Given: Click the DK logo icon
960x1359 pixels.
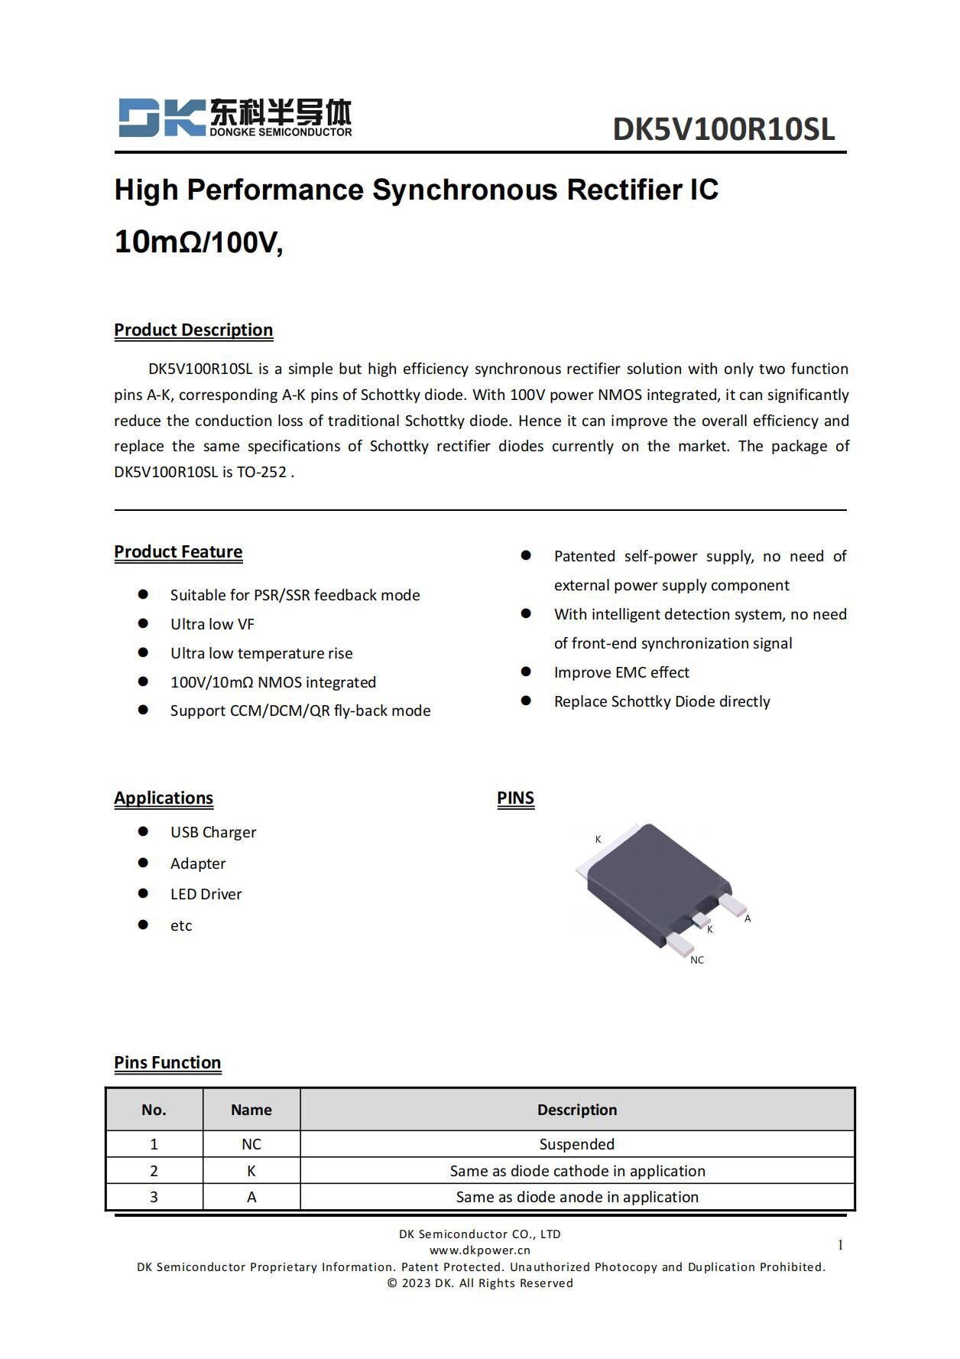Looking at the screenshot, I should (161, 118).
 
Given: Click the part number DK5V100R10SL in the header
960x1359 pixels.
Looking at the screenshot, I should (723, 129).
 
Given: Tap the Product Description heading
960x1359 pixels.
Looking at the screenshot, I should (193, 330).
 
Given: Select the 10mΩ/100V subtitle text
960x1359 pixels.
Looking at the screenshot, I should (199, 242).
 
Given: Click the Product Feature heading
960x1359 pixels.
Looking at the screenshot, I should (178, 551).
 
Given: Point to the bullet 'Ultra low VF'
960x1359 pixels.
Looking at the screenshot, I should (212, 624).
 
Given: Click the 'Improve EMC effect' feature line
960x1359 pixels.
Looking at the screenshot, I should (621, 672).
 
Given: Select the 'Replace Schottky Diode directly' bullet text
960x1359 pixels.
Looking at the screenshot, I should (662, 701).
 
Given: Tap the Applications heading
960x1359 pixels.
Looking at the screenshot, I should (164, 798).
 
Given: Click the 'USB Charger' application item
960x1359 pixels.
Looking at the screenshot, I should (213, 832).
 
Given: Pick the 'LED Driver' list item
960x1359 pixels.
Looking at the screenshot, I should (206, 894).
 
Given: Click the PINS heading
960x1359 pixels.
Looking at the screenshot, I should (515, 798).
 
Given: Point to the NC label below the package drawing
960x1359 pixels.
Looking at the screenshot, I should (696, 960).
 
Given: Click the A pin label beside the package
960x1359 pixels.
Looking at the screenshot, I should (748, 918).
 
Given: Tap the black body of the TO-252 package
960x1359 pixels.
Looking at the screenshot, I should (650, 879).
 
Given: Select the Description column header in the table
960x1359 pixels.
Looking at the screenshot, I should (577, 1110).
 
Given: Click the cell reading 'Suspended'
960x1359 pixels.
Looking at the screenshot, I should (577, 1144).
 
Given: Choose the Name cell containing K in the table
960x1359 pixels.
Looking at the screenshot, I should (251, 1171).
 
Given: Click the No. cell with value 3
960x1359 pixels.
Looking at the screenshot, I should (154, 1197).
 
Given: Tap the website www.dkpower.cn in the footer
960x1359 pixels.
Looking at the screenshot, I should (479, 1250).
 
